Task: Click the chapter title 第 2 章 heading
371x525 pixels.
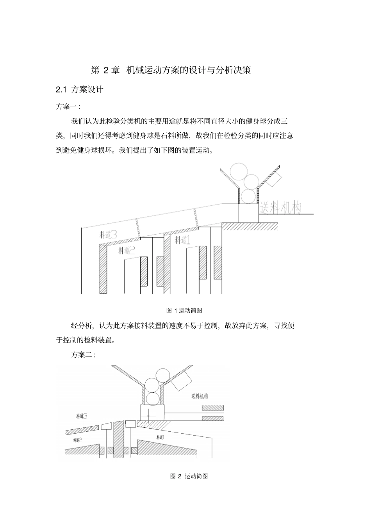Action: click(x=170, y=70)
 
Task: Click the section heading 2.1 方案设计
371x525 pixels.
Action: click(x=80, y=90)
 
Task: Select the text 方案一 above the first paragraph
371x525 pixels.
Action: click(x=68, y=106)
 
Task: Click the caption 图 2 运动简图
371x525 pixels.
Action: click(x=189, y=476)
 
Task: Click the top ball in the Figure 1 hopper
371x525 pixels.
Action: click(x=239, y=171)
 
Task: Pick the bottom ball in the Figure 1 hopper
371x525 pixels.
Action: click(x=247, y=196)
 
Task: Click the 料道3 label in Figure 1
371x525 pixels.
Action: click(x=108, y=235)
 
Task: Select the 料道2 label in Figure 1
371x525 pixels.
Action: click(x=127, y=250)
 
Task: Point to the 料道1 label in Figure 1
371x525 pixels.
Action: click(x=182, y=239)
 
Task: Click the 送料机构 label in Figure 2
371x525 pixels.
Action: click(x=200, y=397)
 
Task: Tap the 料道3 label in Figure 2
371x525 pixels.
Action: click(x=81, y=416)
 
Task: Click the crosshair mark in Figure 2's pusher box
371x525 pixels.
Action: click(x=149, y=416)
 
